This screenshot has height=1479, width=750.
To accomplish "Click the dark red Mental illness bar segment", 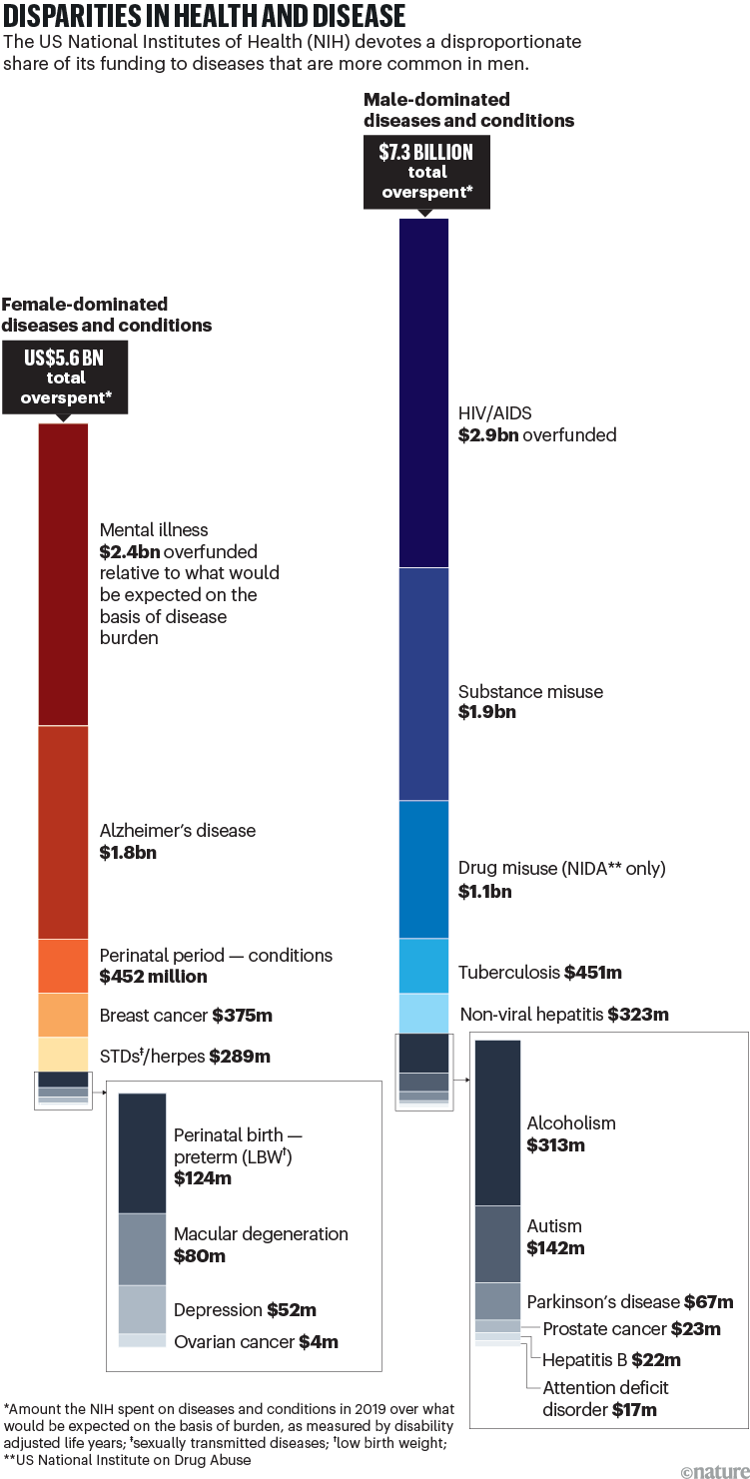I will tap(63, 574).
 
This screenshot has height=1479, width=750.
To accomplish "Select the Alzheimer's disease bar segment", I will tap(63, 832).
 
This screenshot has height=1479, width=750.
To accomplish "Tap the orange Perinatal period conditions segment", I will tap(63, 966).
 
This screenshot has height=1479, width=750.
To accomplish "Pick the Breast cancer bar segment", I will tap(63, 1016).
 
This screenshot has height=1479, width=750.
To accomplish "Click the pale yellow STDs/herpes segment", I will tap(63, 1054).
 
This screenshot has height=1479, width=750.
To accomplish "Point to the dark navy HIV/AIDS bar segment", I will tap(423, 392).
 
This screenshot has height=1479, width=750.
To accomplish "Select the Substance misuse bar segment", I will tap(423, 684).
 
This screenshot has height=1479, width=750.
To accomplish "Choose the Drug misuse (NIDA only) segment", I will tap(423, 869).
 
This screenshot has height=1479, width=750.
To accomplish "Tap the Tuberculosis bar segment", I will tap(423, 966).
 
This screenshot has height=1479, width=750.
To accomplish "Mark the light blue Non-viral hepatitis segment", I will tap(423, 1014).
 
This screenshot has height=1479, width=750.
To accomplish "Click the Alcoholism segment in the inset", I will tap(497, 1122).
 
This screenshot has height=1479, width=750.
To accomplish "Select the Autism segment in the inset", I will tap(497, 1243).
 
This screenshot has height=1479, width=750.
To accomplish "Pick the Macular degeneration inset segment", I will tap(142, 1248).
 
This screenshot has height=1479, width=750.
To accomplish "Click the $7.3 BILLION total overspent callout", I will tap(425, 171).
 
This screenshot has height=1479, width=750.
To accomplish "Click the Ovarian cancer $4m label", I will tap(256, 1342).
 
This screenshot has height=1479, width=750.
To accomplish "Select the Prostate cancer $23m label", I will tap(631, 1328).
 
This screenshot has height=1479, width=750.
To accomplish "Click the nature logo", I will tap(712, 1465).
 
